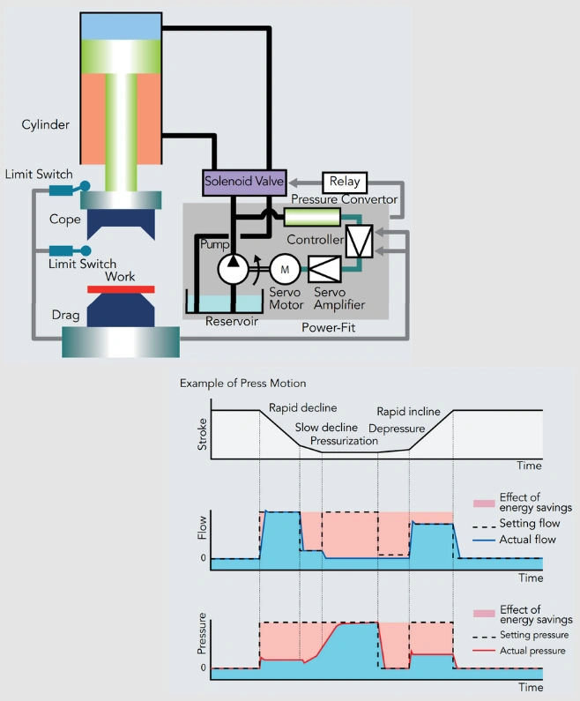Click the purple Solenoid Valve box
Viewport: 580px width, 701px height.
pyautogui.click(x=242, y=183)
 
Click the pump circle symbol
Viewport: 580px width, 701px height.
pyautogui.click(x=234, y=264)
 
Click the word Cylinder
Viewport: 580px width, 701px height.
pyautogui.click(x=46, y=125)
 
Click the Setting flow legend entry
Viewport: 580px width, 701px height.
pyautogui.click(x=526, y=524)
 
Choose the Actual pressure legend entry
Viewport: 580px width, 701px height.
pyautogui.click(x=532, y=650)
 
